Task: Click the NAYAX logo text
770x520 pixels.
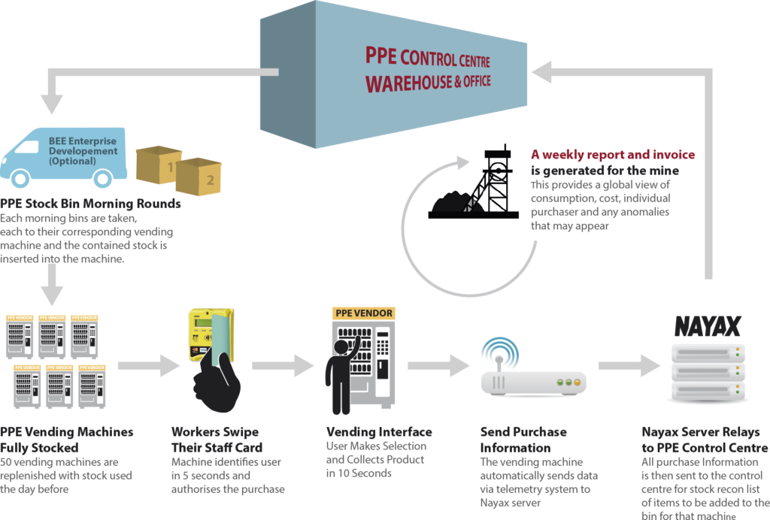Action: (707, 326)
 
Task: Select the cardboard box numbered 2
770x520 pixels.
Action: (199, 177)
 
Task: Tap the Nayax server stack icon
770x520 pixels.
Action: (708, 372)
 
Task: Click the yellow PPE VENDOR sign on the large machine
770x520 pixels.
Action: (364, 313)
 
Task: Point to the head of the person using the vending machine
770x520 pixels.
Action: (341, 347)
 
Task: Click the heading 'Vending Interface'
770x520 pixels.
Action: (379, 431)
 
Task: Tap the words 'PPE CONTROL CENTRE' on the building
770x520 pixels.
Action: (428, 57)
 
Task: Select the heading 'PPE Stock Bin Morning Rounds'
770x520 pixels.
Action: (90, 204)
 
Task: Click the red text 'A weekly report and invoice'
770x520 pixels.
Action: (613, 155)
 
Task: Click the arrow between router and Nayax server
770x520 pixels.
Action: (629, 365)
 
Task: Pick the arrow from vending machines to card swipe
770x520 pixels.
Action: (149, 365)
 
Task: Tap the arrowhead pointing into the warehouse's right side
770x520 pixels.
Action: (541, 72)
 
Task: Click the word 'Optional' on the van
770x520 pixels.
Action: (72, 161)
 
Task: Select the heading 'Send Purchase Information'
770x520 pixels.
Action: (523, 440)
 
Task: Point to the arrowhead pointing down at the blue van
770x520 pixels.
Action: (52, 104)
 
